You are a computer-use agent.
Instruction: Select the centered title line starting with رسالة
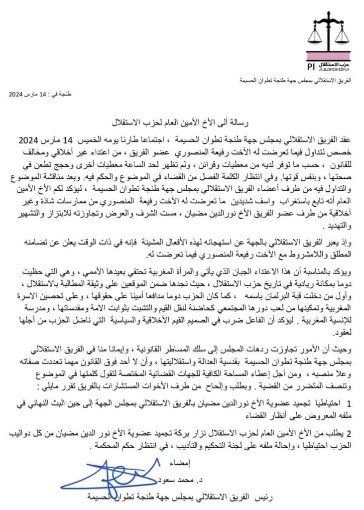(182, 122)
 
